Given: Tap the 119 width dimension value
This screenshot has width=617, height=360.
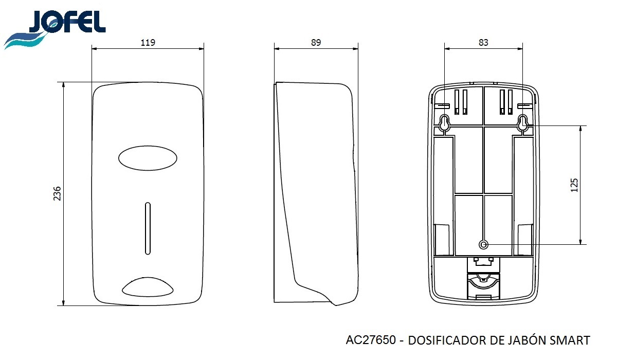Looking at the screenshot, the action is pyautogui.click(x=148, y=42).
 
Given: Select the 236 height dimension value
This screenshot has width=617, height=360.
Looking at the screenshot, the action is pyautogui.click(x=57, y=193).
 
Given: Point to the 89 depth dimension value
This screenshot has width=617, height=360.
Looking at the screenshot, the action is pyautogui.click(x=316, y=42).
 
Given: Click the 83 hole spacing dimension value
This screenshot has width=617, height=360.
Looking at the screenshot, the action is pyautogui.click(x=483, y=42).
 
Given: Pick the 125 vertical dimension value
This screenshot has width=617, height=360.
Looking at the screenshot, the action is pyautogui.click(x=574, y=185).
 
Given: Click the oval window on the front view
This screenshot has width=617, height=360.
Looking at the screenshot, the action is pyautogui.click(x=148, y=158).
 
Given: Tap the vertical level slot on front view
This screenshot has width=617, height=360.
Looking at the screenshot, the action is pyautogui.click(x=148, y=228).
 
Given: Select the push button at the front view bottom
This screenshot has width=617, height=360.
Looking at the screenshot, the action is pyautogui.click(x=148, y=287).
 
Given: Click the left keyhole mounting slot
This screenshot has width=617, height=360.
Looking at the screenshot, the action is pyautogui.click(x=444, y=122).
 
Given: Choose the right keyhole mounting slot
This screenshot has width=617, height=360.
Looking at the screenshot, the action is pyautogui.click(x=522, y=122).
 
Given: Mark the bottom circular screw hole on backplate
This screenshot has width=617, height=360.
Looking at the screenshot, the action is pyautogui.click(x=483, y=244).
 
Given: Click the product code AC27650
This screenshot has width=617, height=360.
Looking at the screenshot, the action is pyautogui.click(x=371, y=340).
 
